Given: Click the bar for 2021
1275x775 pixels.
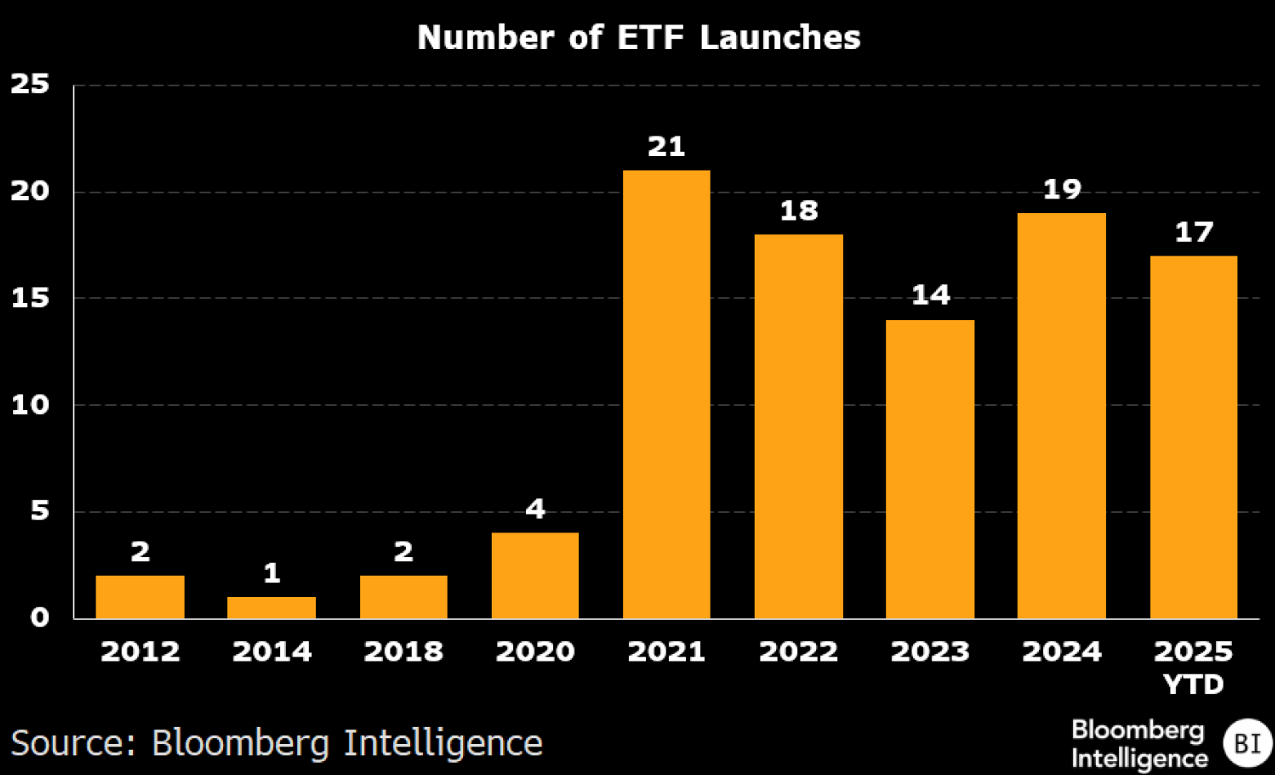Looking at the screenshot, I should click(x=666, y=394).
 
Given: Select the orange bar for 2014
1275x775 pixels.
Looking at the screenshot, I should click(x=271, y=608).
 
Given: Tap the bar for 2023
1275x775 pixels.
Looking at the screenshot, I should click(x=930, y=469).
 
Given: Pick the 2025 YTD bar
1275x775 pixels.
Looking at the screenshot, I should click(x=1193, y=437).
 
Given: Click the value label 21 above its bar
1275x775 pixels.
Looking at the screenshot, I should click(x=666, y=146).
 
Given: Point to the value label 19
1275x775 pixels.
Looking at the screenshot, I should click(x=1062, y=189).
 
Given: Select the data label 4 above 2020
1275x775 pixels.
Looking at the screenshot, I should click(x=535, y=509).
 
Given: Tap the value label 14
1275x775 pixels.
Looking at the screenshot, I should click(x=930, y=295).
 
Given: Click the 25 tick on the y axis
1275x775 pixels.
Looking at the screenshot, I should click(x=30, y=84).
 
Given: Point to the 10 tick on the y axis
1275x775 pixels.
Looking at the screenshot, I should click(x=30, y=404).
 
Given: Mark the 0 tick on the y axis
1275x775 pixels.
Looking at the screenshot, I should click(x=39, y=617).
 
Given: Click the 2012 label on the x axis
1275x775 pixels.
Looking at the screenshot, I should click(x=140, y=652).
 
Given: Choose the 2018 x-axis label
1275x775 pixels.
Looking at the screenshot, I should click(x=403, y=652).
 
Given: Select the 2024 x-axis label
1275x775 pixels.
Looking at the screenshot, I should click(x=1062, y=652).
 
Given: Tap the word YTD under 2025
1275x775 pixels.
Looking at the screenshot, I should click(x=1193, y=684).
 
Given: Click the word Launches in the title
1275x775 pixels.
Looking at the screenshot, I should click(x=780, y=38).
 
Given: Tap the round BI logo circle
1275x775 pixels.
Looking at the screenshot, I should click(x=1246, y=743).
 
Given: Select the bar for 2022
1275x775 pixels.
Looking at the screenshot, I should click(x=798, y=426).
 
